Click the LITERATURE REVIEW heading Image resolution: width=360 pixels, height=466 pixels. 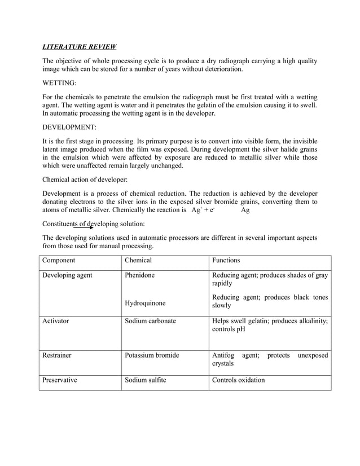coord(80,46)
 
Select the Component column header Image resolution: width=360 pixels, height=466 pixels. coord(59,261)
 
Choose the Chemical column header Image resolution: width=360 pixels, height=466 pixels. coord(138,261)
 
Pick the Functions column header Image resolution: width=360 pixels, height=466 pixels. coord(226,261)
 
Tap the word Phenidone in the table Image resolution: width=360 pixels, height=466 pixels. coord(140,275)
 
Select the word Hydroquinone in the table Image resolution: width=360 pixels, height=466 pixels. coord(146,303)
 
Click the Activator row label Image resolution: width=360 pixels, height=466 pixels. coord(56,320)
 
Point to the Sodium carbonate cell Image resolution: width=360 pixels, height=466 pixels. coord(151,320)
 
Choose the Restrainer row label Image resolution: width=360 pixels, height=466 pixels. coord(57,355)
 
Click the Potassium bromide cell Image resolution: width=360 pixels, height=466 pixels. coord(152,355)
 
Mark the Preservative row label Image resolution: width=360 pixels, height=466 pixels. coord(60,380)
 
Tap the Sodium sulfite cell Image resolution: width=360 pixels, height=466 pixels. coord(146,380)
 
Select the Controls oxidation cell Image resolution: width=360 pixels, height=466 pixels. coord(238,380)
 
